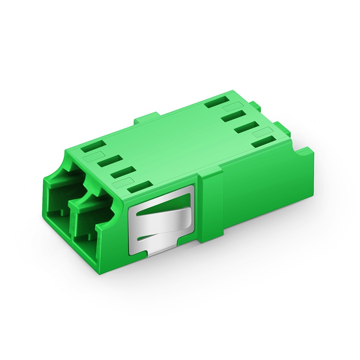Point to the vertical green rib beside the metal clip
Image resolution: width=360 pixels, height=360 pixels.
[x=211, y=207]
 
